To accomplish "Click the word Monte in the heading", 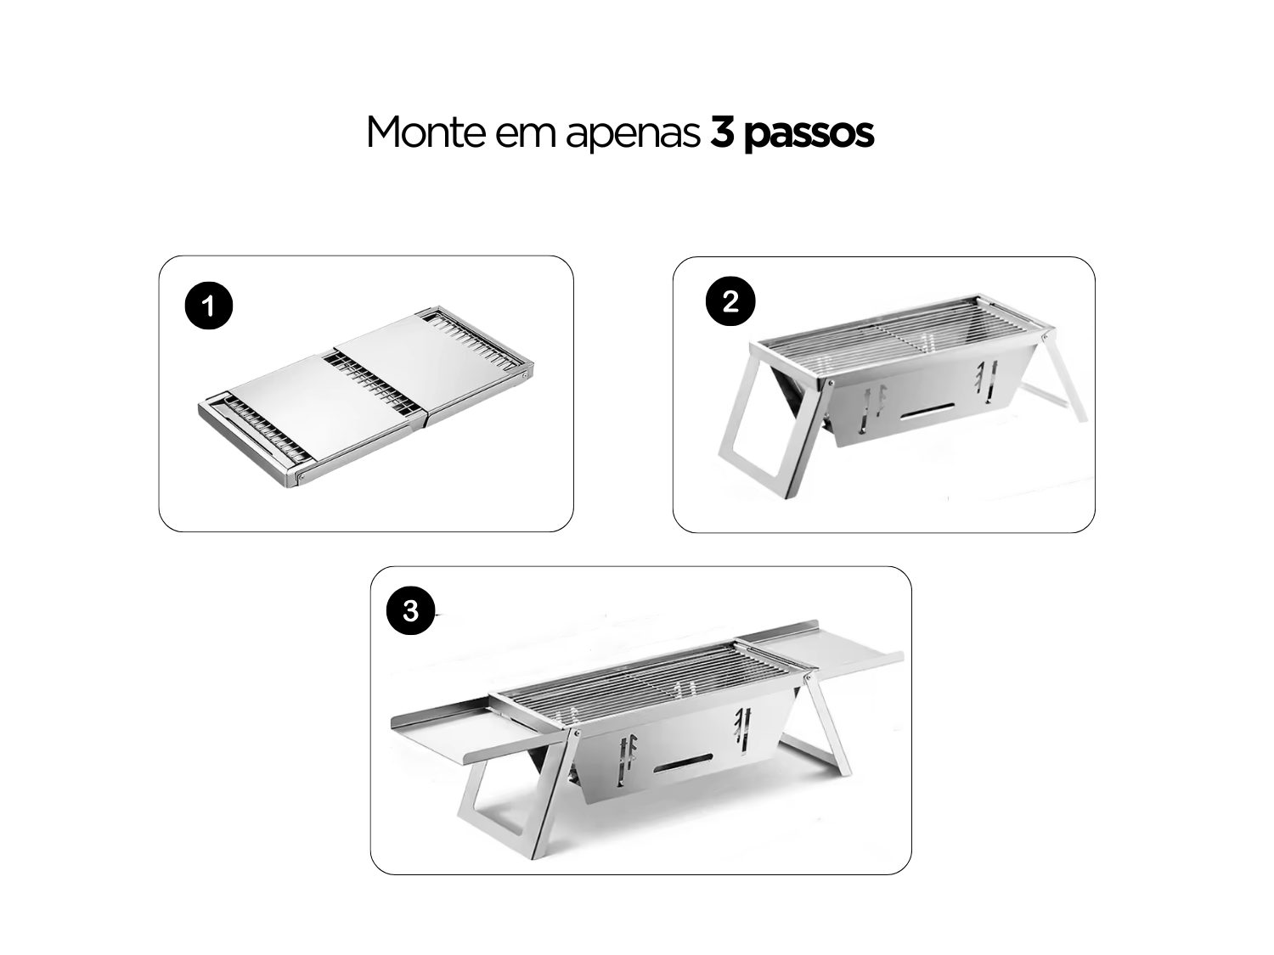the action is coord(425,132).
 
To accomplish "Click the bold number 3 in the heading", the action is coord(721,132).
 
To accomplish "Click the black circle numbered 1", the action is coord(209,306).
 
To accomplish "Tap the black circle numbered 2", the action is coord(730,301).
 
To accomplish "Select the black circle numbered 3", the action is coord(410,610).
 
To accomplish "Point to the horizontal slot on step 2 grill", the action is coord(927,410).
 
